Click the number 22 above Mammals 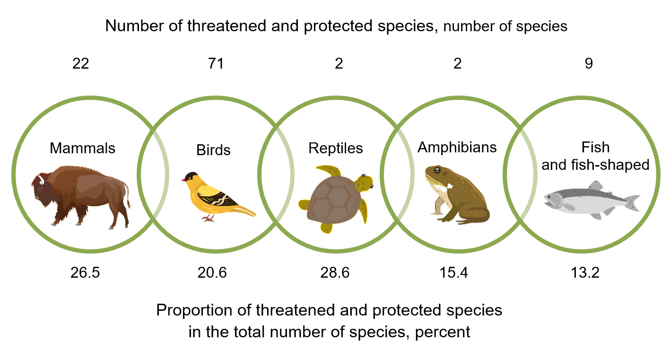pos(80,64)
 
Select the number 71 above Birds pos(216,64)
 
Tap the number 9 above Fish pos(588,64)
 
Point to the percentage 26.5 pos(85,273)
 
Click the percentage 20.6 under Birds pos(212,273)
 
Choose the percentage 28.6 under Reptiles pos(335,273)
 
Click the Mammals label pos(82,148)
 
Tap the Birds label pos(213,150)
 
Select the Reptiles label pos(336,148)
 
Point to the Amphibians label pos(457,147)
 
